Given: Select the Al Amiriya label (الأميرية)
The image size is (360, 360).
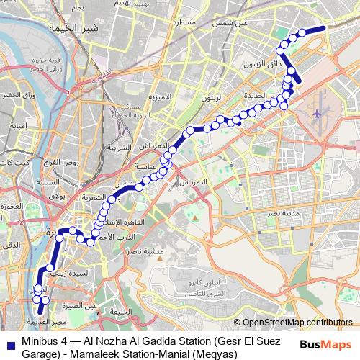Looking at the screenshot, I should click(161, 96).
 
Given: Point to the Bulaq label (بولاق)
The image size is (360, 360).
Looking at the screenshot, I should click(55, 196).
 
